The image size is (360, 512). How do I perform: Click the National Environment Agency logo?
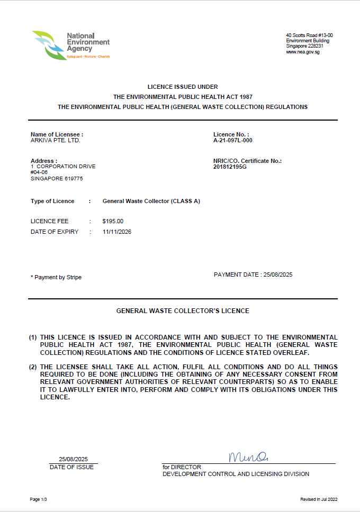[x=70, y=45]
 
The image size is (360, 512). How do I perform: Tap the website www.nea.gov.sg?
[x=302, y=52]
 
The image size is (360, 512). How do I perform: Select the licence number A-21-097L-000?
[x=233, y=141]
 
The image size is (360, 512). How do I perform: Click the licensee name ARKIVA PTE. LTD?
[x=56, y=141]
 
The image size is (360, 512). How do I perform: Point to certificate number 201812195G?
[x=230, y=167]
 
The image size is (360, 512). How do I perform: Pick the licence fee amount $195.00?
[x=113, y=221]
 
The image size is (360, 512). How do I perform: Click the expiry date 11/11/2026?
[x=117, y=232]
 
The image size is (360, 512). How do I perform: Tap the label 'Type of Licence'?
[x=52, y=201]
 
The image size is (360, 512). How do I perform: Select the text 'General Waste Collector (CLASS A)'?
[x=151, y=201]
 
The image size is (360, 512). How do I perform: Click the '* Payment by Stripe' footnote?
[x=56, y=277]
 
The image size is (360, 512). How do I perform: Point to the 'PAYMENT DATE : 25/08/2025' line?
[x=253, y=275]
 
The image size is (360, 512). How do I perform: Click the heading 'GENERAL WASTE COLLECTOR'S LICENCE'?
[x=183, y=311]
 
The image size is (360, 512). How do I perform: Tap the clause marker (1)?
[x=33, y=337]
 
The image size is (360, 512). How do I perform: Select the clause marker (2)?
[x=33, y=367]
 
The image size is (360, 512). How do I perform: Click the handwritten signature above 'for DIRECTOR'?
[x=248, y=456]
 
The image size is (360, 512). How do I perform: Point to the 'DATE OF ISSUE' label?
[x=71, y=467]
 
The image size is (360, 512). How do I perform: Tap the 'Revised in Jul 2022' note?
[x=319, y=499]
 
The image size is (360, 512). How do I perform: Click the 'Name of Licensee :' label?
[x=57, y=134]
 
